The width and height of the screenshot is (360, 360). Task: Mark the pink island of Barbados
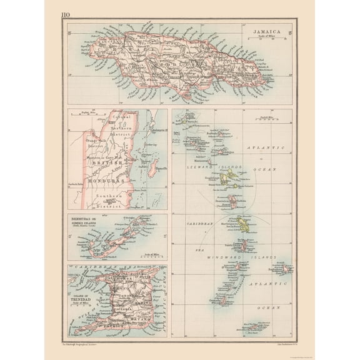point(285,269)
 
